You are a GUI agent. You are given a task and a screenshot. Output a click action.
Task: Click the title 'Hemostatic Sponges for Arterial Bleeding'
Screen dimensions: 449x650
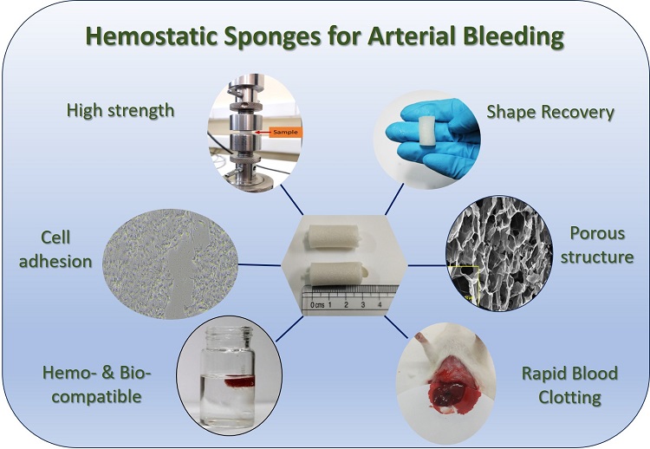(324, 37)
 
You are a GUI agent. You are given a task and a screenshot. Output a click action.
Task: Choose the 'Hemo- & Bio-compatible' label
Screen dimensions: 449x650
(96, 386)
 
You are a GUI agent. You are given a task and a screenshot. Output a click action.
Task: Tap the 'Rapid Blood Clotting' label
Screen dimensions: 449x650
(569, 386)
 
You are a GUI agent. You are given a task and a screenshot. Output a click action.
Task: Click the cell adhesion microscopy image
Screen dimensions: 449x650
(170, 260)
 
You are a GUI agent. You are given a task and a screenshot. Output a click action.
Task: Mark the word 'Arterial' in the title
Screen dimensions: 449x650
(419, 37)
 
